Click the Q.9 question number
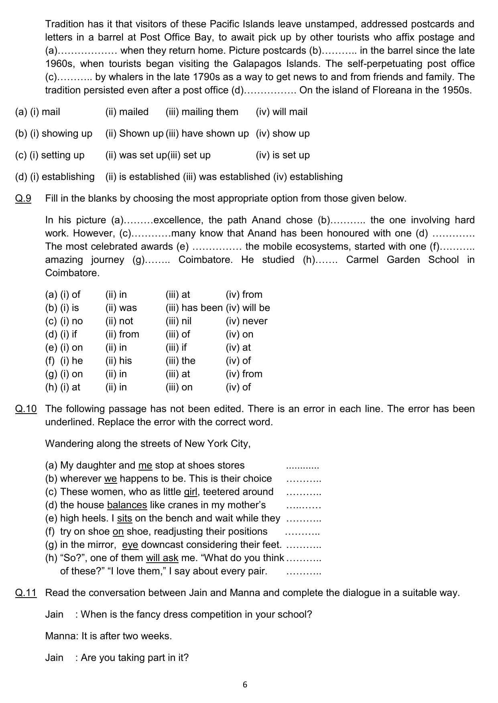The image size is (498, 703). pos(23,198)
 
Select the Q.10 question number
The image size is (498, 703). pos(26,409)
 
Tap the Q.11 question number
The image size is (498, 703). pos(26,593)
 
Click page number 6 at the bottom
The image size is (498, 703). pos(245,685)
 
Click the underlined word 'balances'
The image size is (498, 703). pos(127,505)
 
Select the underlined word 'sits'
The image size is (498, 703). pos(124,518)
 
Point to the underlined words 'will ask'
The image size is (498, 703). pos(162,558)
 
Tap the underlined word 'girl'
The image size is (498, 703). pos(191,492)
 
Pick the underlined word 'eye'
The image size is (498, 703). pos(130,545)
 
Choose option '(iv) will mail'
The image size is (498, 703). pos(281,112)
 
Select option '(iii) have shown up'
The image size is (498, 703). pos(207,133)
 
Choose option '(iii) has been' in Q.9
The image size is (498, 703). pos(194,308)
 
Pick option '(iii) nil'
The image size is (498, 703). pos(178,321)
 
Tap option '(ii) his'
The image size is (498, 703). pos(118,361)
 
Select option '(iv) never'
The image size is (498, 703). pos(246,321)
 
